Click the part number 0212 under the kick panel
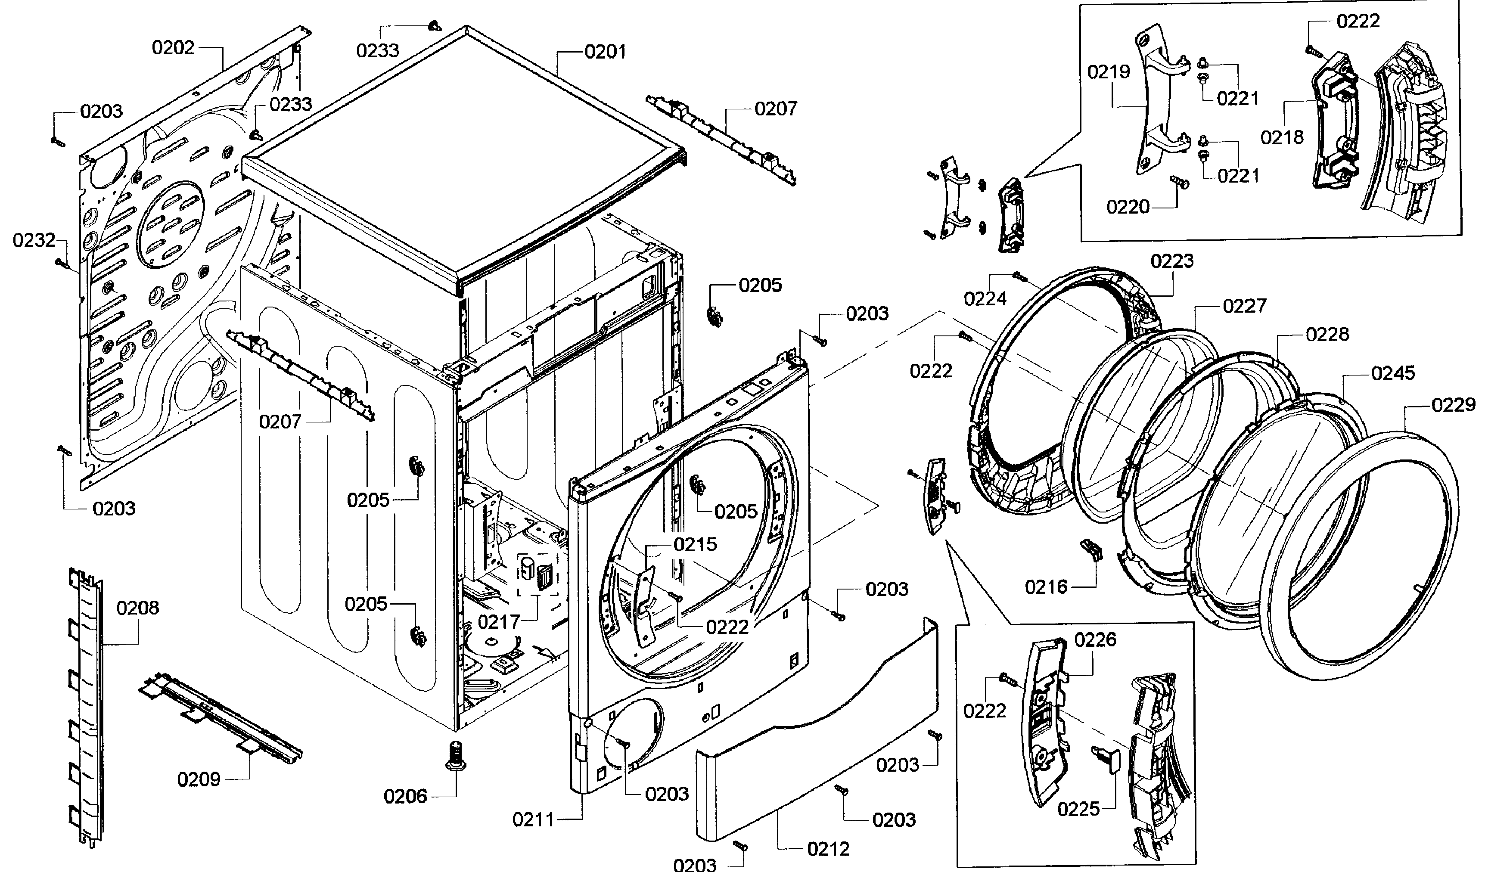click(x=829, y=849)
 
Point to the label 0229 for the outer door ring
click(x=1453, y=405)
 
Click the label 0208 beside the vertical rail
click(x=137, y=608)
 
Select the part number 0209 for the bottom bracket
click(x=199, y=779)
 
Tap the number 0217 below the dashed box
click(x=499, y=621)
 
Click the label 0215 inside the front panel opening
click(x=696, y=544)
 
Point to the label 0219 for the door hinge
click(x=1109, y=72)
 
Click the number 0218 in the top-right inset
click(x=1282, y=137)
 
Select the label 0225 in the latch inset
click(x=1078, y=809)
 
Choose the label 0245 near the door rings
click(x=1392, y=373)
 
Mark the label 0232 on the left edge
click(x=34, y=240)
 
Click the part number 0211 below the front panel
click(x=533, y=819)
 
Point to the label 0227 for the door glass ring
click(x=1244, y=305)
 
